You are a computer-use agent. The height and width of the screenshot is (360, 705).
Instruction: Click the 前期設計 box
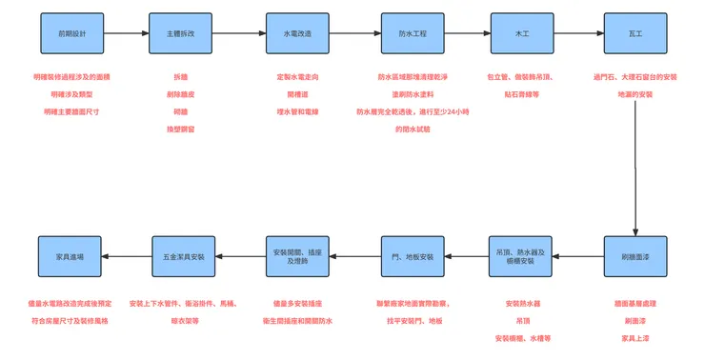[x=71, y=33]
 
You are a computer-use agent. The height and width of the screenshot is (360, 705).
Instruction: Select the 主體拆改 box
[x=179, y=33]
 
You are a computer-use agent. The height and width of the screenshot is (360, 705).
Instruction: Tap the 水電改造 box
[x=297, y=33]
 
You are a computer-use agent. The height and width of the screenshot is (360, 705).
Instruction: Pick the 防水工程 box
[x=413, y=33]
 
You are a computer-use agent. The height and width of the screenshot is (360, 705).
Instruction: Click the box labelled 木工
[x=522, y=33]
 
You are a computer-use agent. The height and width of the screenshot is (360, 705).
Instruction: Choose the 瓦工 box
[x=634, y=33]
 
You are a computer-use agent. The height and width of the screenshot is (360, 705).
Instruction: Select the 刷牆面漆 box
[x=634, y=256]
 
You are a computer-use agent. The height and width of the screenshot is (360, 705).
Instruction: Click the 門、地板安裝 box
[x=413, y=256]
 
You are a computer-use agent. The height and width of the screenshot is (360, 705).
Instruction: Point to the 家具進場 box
[x=71, y=256]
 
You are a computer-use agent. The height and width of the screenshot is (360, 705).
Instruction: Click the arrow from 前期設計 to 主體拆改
[x=125, y=33]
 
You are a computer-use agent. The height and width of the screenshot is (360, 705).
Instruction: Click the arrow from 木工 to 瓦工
[x=578, y=33]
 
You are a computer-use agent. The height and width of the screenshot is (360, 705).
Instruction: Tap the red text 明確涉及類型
[x=71, y=94]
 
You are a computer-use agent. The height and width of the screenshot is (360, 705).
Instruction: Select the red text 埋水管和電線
[x=297, y=111]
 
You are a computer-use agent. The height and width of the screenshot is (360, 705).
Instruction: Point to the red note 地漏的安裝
[x=634, y=94]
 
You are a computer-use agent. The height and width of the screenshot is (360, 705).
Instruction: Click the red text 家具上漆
[x=634, y=337]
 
